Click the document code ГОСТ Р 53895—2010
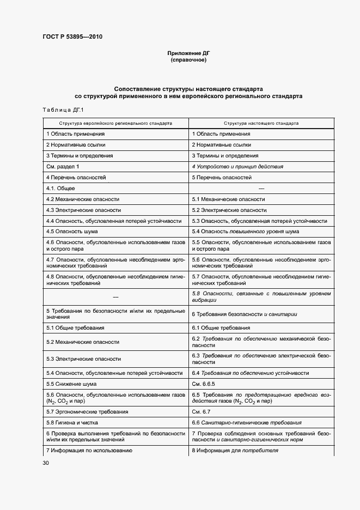[72, 37]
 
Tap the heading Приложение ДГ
[188, 53]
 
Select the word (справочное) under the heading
[188, 60]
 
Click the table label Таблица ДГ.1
[62, 111]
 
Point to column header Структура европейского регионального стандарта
[115, 123]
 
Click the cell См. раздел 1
[63, 166]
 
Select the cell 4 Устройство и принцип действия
[237, 166]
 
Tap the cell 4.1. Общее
[60, 188]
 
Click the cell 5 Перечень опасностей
[222, 177]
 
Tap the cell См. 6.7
[201, 411]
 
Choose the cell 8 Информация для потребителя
[235, 451]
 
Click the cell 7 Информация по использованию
[89, 451]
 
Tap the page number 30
[46, 463]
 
